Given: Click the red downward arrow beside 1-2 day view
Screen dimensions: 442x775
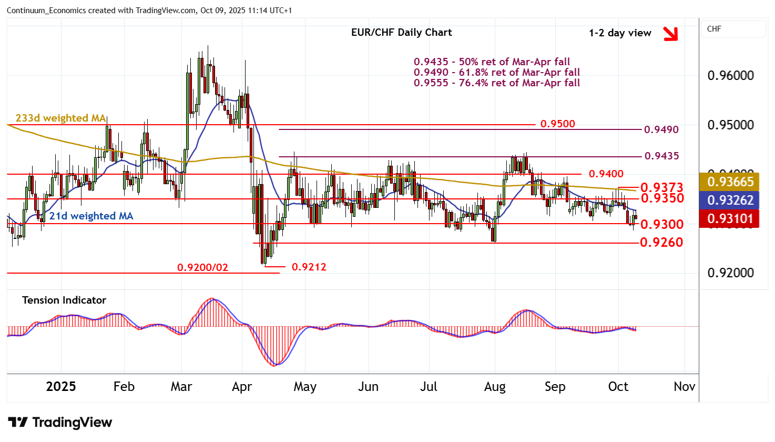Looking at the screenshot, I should coord(670,34).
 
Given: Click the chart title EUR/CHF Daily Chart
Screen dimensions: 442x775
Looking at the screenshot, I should coord(401,33).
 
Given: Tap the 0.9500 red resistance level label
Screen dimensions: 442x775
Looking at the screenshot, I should coord(557,124).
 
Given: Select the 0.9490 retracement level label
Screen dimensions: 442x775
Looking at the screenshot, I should coord(661,129).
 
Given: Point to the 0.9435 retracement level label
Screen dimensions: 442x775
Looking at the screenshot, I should coord(661,156).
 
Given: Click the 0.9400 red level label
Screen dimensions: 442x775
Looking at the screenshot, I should coord(606,174).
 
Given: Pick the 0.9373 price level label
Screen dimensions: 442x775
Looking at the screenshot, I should coord(661,187).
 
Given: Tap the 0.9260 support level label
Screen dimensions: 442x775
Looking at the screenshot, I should coord(661,242).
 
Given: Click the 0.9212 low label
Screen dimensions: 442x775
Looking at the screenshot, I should coord(309,267).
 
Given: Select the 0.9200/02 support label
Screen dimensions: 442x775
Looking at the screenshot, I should coord(202,267).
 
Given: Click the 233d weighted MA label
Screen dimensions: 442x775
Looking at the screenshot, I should coord(60,118).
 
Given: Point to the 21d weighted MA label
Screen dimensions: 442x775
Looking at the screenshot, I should coord(91,216).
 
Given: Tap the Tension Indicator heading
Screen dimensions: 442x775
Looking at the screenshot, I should coord(64,300).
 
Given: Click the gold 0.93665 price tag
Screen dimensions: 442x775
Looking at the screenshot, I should coord(730,182).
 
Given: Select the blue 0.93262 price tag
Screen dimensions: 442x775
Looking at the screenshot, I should coord(730,200).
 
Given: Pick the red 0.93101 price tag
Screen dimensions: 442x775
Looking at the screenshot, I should coord(730,218).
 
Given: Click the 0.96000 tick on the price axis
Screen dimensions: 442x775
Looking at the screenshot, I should coord(730,75).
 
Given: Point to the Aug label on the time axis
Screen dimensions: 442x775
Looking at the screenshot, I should coord(494,387).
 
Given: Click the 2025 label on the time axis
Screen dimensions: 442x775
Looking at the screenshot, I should coord(61,387).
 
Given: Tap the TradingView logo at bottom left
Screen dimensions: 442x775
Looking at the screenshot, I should coord(60,423).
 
